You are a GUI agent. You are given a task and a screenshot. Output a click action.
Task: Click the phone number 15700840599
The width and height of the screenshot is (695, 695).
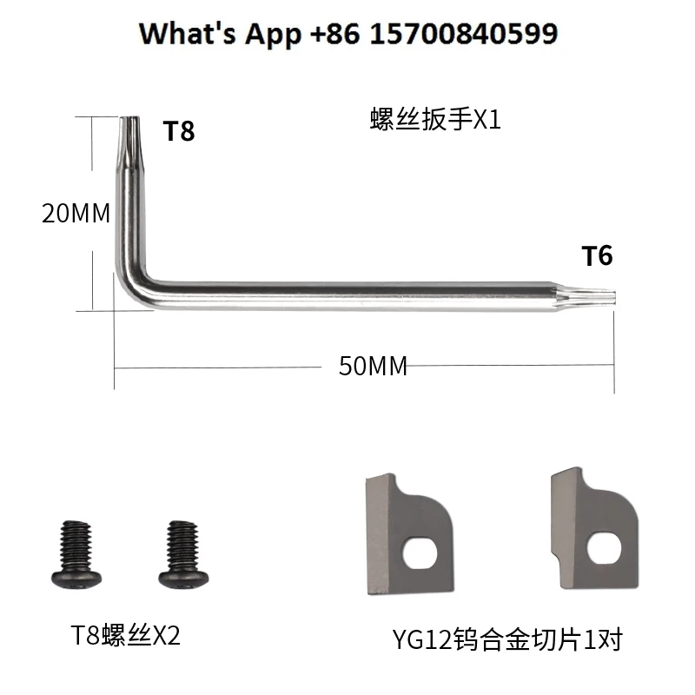[463, 33]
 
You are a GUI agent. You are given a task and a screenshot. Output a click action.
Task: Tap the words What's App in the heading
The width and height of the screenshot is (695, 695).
[221, 35]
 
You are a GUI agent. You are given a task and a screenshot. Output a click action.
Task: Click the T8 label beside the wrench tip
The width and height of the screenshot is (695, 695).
[179, 131]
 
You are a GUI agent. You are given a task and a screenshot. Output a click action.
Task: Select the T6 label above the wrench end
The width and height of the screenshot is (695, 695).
[597, 255]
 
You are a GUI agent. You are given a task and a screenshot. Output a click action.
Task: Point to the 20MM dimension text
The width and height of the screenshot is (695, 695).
[76, 213]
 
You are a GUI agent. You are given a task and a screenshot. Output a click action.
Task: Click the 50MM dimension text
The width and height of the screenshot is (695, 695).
[373, 366]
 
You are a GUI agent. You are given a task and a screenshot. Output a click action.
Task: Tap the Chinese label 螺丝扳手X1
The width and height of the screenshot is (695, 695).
[435, 119]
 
